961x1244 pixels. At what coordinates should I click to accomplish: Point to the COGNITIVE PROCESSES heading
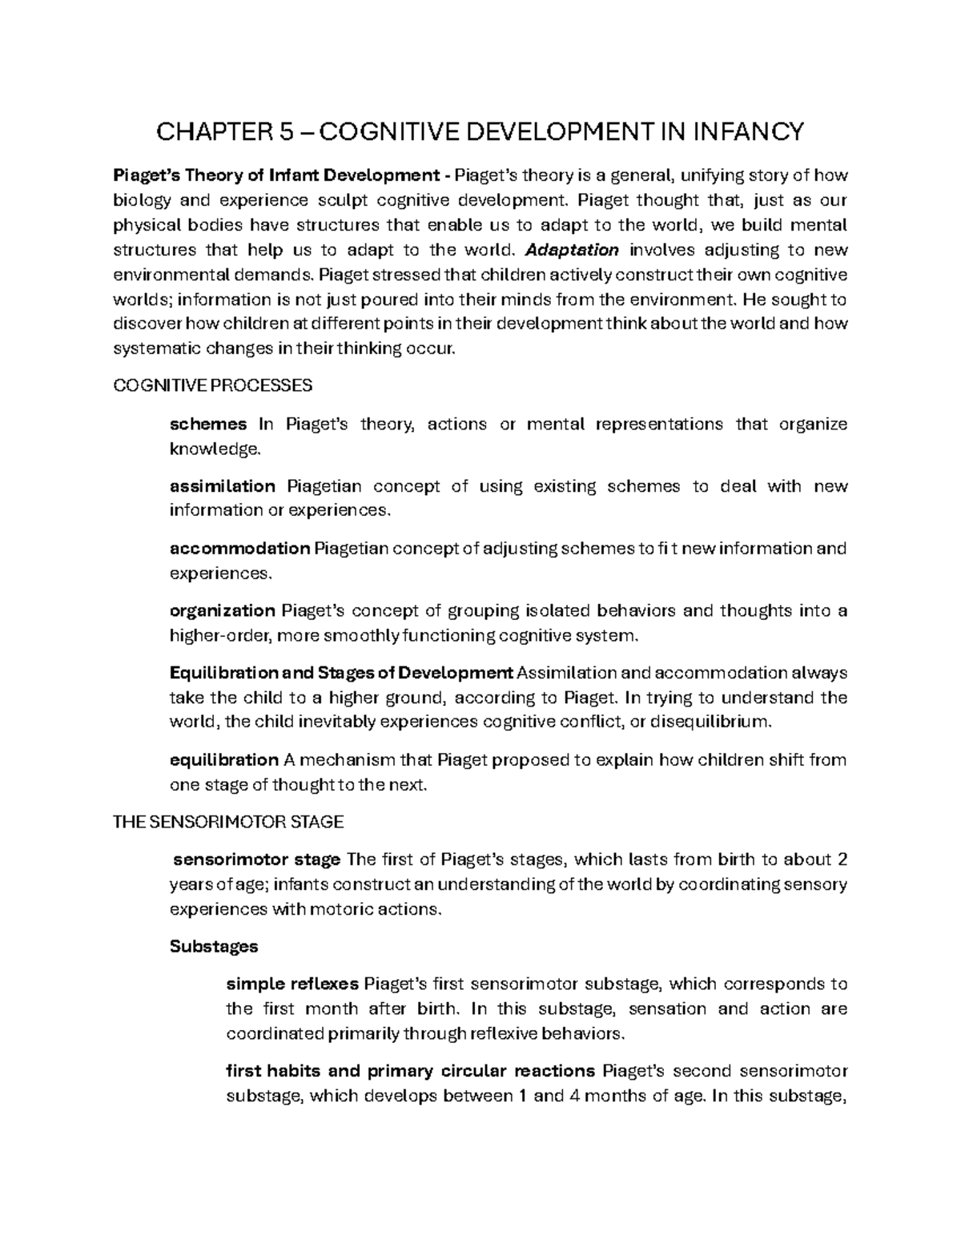pyautogui.click(x=213, y=386)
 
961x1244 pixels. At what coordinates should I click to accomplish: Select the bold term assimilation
pyautogui.click(x=223, y=486)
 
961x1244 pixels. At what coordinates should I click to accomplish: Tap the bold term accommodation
pyautogui.click(x=239, y=549)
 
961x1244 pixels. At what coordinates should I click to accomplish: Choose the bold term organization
pyautogui.click(x=223, y=611)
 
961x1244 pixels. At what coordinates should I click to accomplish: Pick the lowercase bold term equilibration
pyautogui.click(x=224, y=759)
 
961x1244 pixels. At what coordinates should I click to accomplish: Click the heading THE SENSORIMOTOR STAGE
pyautogui.click(x=229, y=822)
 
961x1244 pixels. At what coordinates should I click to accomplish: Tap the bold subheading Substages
pyautogui.click(x=214, y=946)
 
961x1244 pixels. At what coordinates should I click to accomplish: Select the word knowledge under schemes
pyautogui.click(x=215, y=449)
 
